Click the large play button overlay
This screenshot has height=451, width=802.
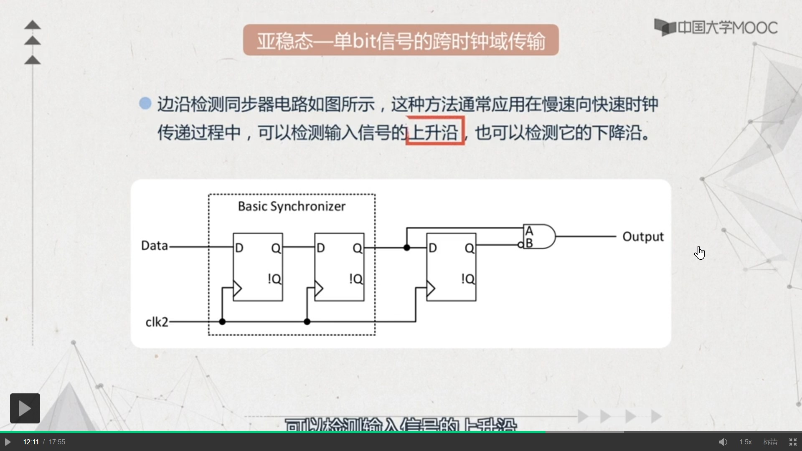tap(25, 408)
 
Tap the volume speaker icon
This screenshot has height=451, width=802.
tap(723, 442)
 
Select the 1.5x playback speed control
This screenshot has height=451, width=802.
tap(745, 442)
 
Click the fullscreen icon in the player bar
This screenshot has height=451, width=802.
tap(793, 442)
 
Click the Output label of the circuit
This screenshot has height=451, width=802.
tap(643, 237)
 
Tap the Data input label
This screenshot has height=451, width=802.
tap(155, 246)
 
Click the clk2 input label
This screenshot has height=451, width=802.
tap(157, 322)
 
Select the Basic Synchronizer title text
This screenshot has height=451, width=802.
tap(292, 206)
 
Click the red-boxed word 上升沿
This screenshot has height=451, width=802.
tap(435, 132)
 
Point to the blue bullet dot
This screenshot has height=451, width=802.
tap(145, 103)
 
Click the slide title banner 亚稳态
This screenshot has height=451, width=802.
tap(401, 41)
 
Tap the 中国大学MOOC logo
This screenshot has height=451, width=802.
tap(716, 28)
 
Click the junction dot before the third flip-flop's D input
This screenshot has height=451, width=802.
tap(407, 248)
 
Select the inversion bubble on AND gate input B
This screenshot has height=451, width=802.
tap(521, 245)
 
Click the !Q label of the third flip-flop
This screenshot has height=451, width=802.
tap(468, 279)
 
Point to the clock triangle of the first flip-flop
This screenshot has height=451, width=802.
tap(237, 288)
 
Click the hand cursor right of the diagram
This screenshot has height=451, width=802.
tap(700, 252)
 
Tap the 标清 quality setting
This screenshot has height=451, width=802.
tap(770, 442)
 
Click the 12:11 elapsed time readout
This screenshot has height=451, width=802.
tap(31, 442)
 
